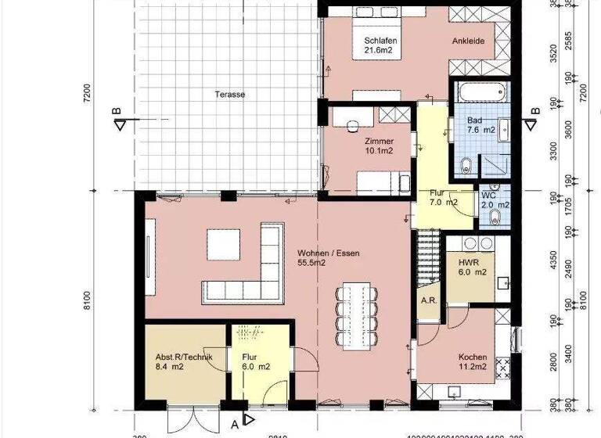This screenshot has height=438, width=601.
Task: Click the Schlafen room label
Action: pyautogui.click(x=377, y=45)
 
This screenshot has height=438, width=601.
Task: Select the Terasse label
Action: pyautogui.click(x=230, y=95)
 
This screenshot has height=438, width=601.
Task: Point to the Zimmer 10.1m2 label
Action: pyautogui.click(x=380, y=145)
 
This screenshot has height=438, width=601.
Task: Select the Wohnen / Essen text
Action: pyautogui.click(x=328, y=258)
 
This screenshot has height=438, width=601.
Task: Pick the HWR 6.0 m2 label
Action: pyautogui.click(x=468, y=267)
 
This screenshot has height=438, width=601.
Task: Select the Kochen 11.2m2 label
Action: pyautogui.click(x=473, y=361)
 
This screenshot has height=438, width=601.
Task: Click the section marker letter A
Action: pyautogui.click(x=234, y=425)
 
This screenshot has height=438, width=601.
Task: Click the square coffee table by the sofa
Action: pyautogui.click(x=222, y=242)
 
